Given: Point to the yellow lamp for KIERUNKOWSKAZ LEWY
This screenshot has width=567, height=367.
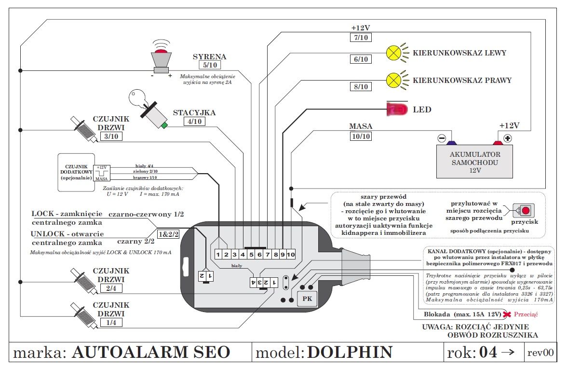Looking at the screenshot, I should point(394,53).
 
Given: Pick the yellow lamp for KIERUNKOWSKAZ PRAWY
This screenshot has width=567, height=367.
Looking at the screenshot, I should point(394,80).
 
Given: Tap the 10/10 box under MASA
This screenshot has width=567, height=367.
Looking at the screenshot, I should point(361,136).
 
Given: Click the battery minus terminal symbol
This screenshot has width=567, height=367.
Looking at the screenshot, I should point(442,138).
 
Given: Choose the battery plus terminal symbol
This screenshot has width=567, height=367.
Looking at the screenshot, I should point(508,138).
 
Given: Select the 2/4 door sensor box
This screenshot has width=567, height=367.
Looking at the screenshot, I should point(111,289).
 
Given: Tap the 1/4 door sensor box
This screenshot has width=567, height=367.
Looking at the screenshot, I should point(111,323).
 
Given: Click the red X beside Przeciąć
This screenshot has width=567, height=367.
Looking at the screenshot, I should point(507,315).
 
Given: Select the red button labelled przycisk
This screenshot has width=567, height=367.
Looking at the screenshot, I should point(526,211).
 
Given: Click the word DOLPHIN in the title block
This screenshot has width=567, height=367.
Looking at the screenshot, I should point(350,352).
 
